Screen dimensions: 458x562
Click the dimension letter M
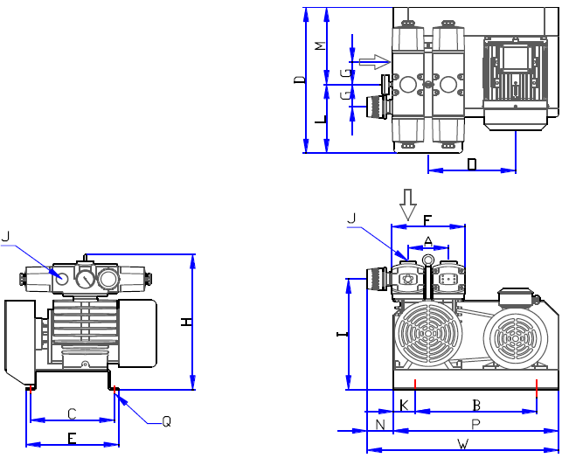(319, 45)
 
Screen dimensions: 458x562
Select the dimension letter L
(319, 121)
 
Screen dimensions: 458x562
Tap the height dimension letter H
(185, 323)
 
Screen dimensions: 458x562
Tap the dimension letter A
(427, 240)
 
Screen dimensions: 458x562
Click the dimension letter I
(342, 335)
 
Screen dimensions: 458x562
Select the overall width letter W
(462, 444)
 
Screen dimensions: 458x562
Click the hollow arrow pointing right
(373, 61)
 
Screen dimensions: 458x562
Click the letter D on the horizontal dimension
(472, 163)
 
